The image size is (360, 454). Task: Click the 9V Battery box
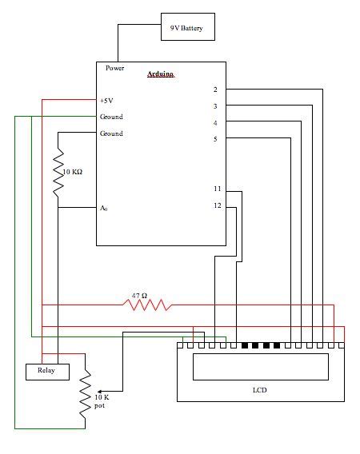[x=186, y=29]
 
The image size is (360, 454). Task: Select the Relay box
[x=47, y=371]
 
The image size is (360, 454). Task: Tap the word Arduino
[x=161, y=74]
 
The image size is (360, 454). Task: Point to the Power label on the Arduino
[x=115, y=68]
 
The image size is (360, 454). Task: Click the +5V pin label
[x=107, y=101]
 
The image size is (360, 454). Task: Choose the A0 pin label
[x=103, y=208]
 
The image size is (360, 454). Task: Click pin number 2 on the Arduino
[x=215, y=90]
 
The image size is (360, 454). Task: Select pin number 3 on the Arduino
[x=215, y=106]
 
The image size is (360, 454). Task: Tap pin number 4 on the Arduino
[x=215, y=122]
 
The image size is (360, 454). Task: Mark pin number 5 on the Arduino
[x=215, y=139]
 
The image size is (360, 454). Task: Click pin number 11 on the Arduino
[x=217, y=189]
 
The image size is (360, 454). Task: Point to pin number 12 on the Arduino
[x=217, y=206]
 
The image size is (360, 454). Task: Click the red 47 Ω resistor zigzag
[x=146, y=305]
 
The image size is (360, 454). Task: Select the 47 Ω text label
[x=140, y=294]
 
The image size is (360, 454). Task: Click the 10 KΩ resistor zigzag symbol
[x=59, y=175]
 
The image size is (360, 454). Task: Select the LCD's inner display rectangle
[x=261, y=366]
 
